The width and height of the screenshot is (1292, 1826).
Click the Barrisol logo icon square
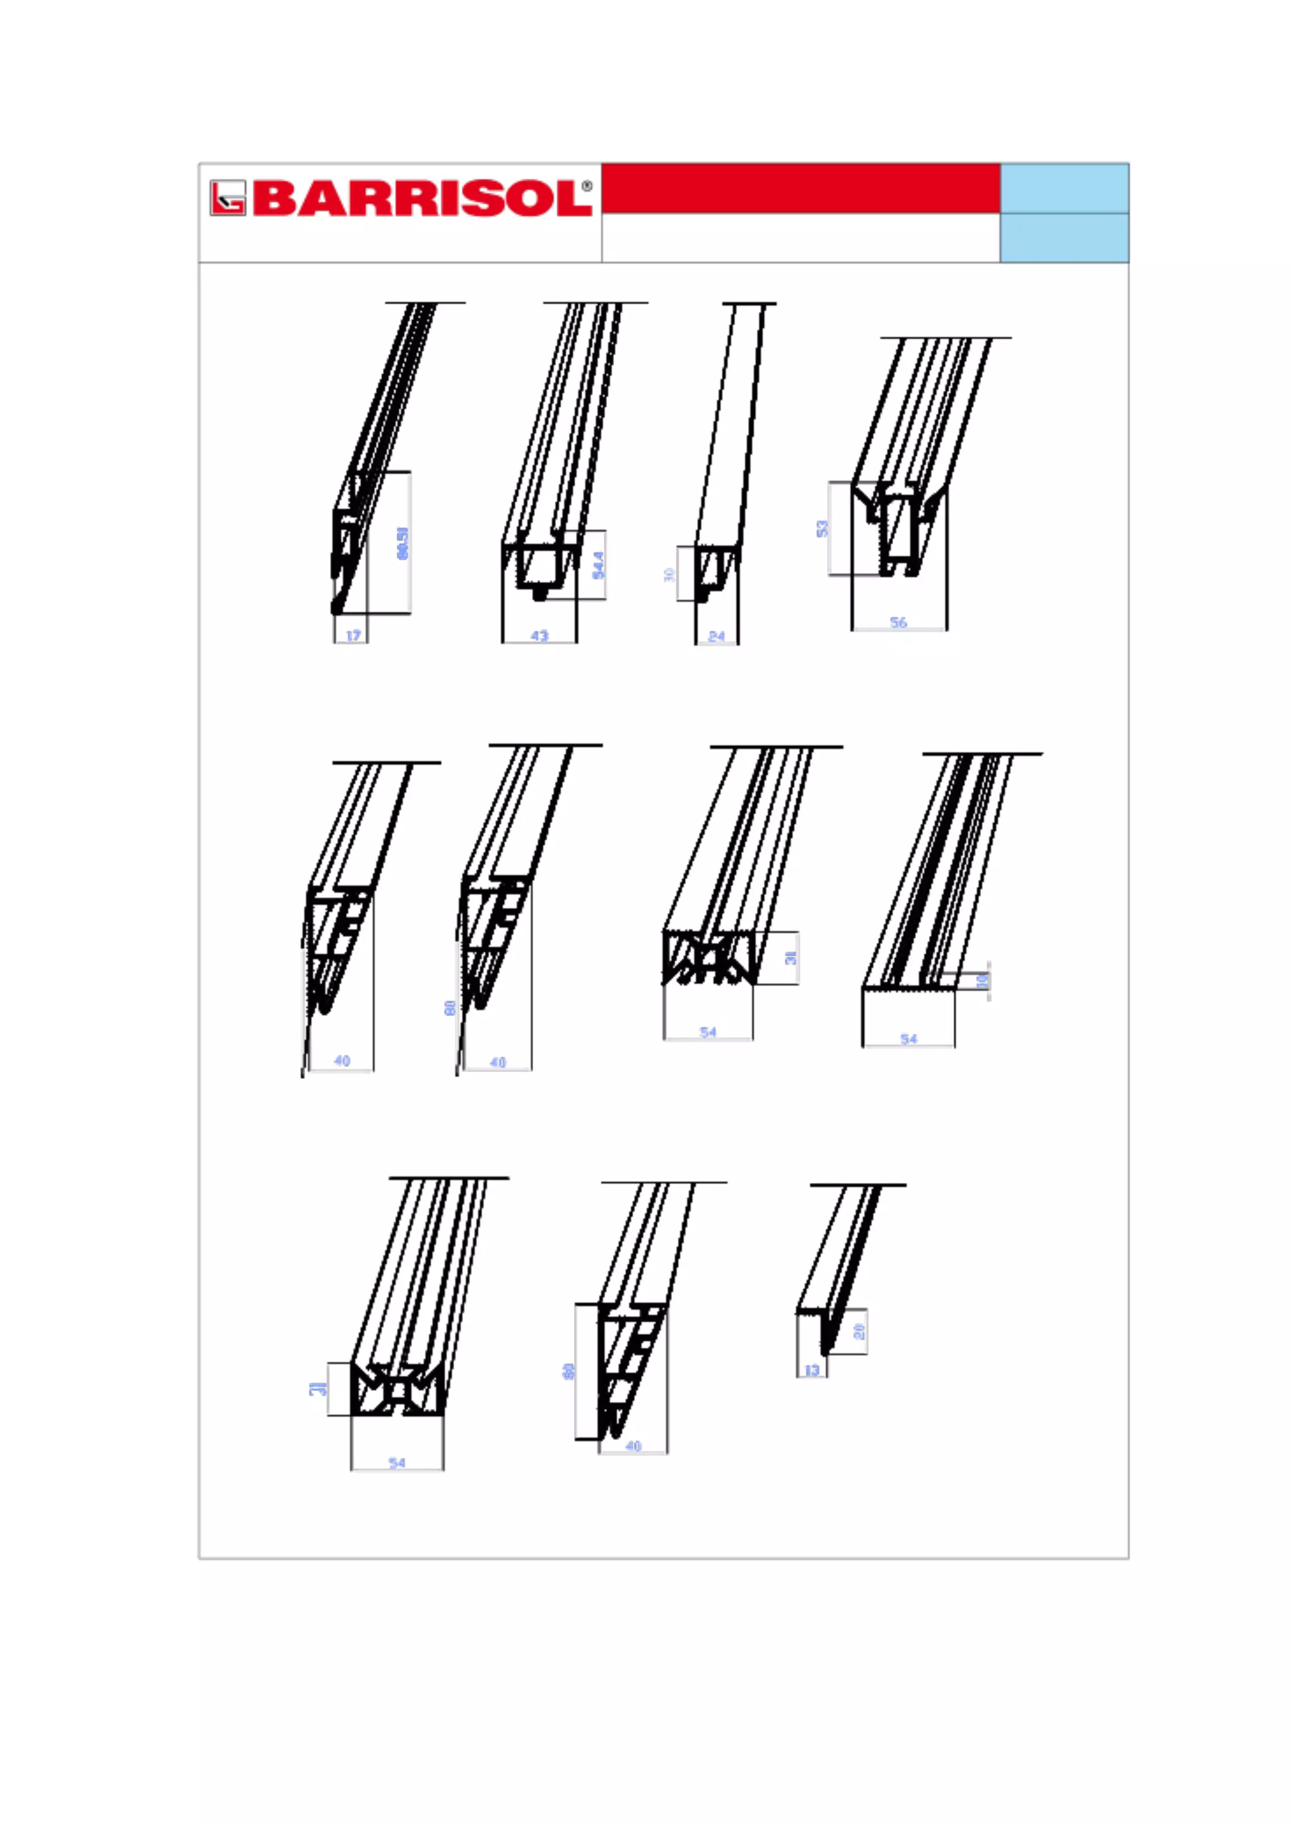click(228, 198)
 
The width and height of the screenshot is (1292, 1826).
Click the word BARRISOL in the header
click(421, 199)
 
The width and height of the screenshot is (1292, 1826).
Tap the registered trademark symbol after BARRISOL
click(587, 186)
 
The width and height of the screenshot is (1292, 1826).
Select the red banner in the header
click(801, 189)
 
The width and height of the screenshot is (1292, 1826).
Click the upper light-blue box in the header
click(1064, 189)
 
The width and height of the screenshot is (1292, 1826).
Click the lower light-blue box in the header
click(1064, 238)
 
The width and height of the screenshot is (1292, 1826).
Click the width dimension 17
click(353, 636)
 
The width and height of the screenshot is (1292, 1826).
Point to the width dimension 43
click(539, 636)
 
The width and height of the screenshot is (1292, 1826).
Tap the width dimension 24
click(716, 636)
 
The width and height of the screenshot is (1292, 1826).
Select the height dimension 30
click(669, 573)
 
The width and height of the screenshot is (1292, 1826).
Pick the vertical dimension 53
click(822, 528)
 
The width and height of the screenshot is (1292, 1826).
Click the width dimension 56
click(898, 622)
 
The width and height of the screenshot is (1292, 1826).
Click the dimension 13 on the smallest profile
click(811, 1370)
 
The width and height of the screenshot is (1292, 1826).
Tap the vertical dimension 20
click(859, 1331)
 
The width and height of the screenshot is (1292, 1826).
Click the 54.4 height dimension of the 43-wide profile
click(598, 565)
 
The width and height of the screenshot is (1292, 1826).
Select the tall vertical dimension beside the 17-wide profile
click(402, 542)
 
